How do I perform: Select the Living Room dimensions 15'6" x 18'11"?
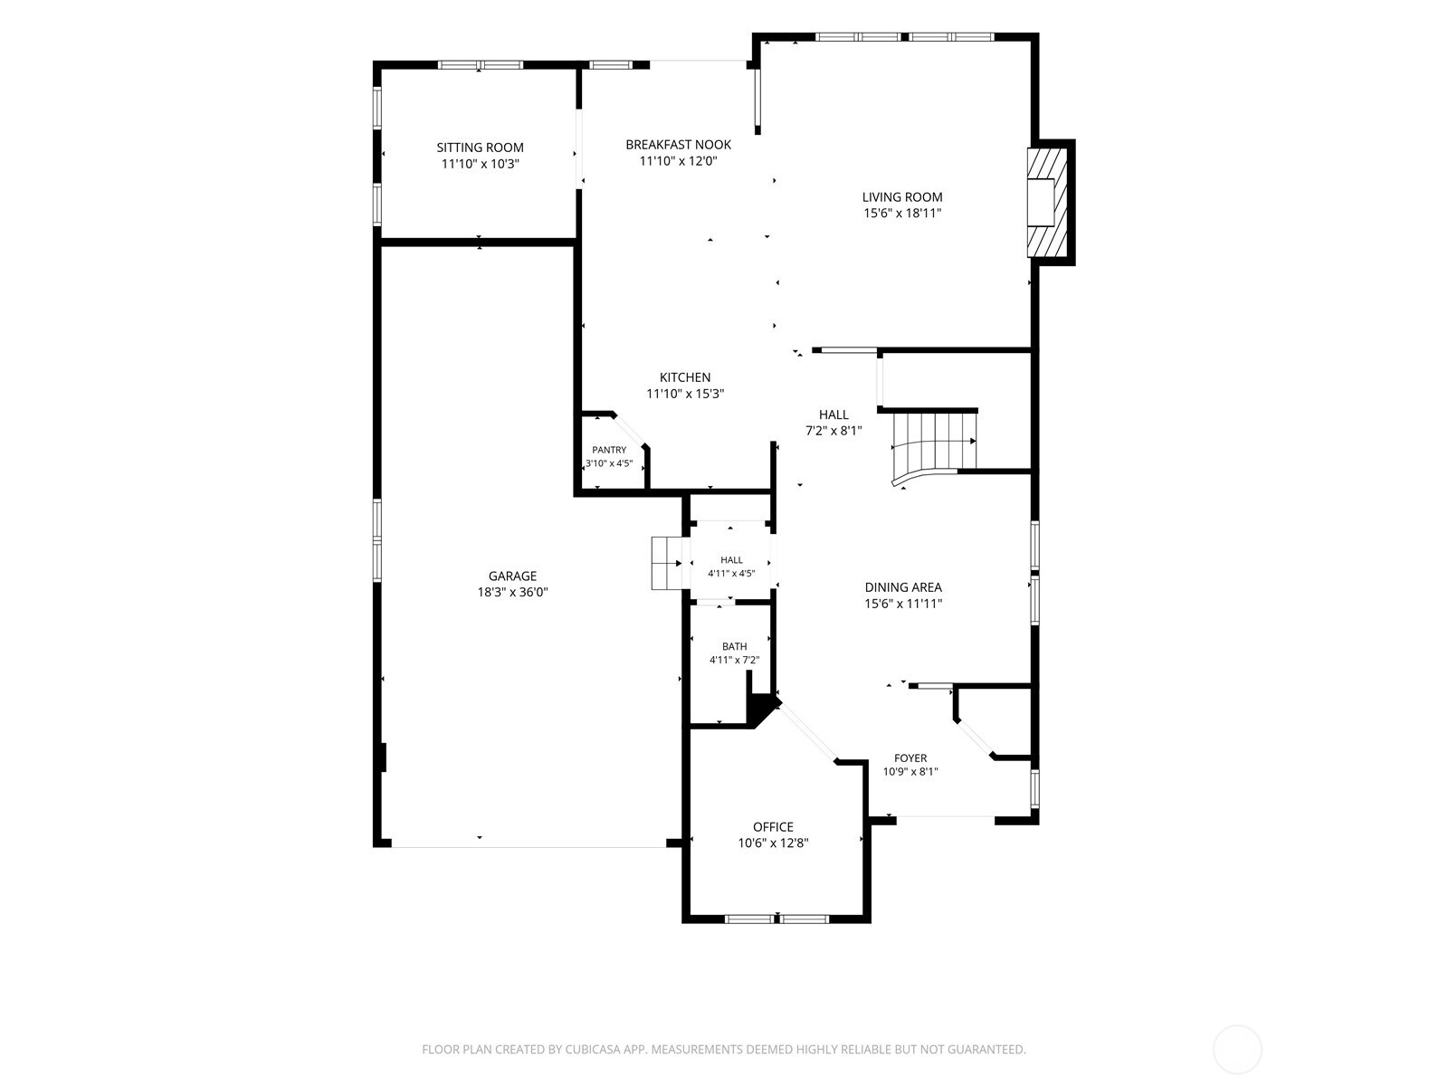coord(901,213)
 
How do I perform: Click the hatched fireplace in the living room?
coord(1047,203)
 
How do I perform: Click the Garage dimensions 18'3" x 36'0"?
coord(512,592)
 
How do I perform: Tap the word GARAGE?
coord(512,576)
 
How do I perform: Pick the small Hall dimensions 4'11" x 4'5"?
coord(731,574)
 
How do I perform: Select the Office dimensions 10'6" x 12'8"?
coord(773,843)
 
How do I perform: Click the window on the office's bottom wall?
coord(776,919)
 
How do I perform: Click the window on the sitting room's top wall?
coord(481,64)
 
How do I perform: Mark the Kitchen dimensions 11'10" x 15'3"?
coord(685,394)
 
